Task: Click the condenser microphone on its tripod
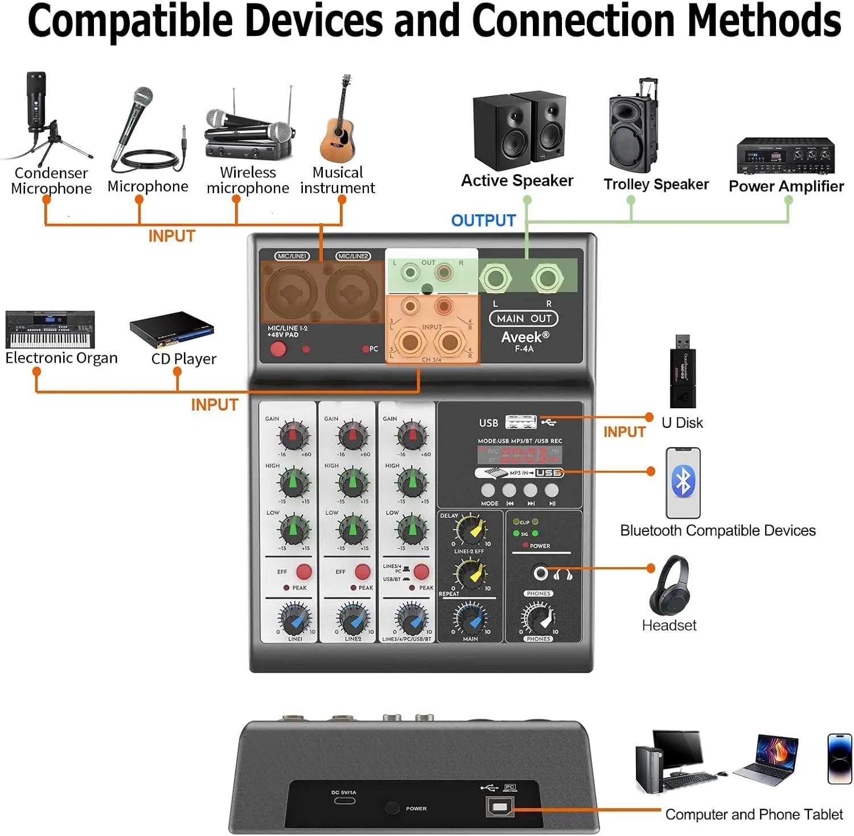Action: click(39, 114)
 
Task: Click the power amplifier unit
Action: click(785, 155)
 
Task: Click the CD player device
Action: click(172, 329)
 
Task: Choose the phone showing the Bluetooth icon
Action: click(683, 482)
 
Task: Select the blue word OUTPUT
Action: click(483, 220)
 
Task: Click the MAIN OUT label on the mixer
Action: click(524, 318)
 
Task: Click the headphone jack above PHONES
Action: click(540, 573)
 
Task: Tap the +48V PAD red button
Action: click(278, 349)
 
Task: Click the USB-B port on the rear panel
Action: click(500, 806)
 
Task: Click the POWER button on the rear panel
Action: click(392, 808)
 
